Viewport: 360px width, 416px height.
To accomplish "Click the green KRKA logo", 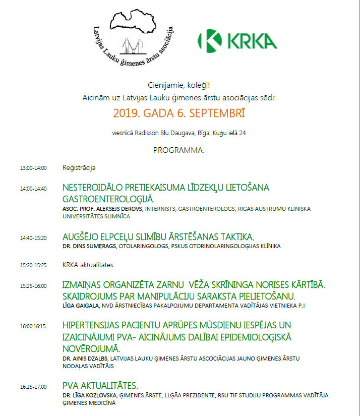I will [x=237, y=40].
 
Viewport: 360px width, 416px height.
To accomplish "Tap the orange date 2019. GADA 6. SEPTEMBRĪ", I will [x=179, y=113].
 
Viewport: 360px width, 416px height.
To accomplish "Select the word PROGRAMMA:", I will [x=179, y=150].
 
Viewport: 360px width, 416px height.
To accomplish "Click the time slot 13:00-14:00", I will [x=33, y=168].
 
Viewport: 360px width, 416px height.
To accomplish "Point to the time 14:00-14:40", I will [x=33, y=189].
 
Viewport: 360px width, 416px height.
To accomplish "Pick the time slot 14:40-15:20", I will [x=33, y=237].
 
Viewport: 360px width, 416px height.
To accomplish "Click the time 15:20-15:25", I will [x=33, y=265].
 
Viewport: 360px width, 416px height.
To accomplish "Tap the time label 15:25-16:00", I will [x=33, y=286].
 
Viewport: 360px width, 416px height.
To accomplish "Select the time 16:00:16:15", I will [x=33, y=326].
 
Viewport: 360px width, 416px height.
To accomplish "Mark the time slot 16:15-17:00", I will [x=33, y=387].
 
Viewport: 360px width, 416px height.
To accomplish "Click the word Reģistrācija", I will [x=79, y=167].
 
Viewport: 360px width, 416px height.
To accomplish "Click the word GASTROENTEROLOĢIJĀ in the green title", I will [x=108, y=199].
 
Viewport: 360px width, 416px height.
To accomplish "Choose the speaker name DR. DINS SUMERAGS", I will [x=89, y=247].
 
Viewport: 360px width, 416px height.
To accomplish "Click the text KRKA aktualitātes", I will [x=88, y=265].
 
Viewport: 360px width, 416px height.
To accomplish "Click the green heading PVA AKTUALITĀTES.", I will [x=100, y=386].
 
